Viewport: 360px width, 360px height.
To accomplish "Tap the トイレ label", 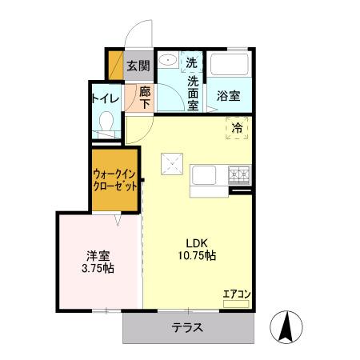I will (105, 98).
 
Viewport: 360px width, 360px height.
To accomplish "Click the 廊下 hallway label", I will (145, 98).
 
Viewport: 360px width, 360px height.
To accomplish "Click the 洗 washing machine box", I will (192, 62).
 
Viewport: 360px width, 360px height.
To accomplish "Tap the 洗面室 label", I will (193, 92).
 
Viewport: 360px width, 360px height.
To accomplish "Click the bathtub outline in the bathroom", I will (231, 64).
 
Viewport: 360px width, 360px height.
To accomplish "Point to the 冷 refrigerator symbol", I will (238, 127).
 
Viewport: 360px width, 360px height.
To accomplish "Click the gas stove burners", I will (239, 172).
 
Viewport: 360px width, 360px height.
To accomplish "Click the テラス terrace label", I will (187, 326).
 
